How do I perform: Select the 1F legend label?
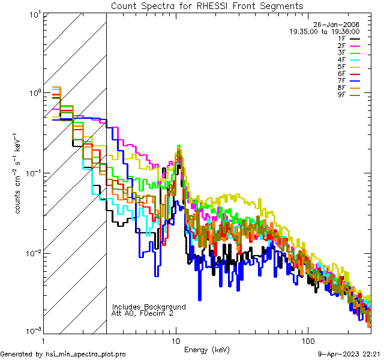point(342,38)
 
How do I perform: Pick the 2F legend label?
point(342,46)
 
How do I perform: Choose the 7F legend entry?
point(342,81)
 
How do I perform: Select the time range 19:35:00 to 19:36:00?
point(325,31)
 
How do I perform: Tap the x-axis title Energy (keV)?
point(207,350)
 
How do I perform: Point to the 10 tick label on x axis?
point(176,340)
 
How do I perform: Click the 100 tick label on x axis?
point(307,340)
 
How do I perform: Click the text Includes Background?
point(149,307)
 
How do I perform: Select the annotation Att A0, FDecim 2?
point(143,313)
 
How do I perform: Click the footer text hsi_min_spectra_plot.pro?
point(86,354)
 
